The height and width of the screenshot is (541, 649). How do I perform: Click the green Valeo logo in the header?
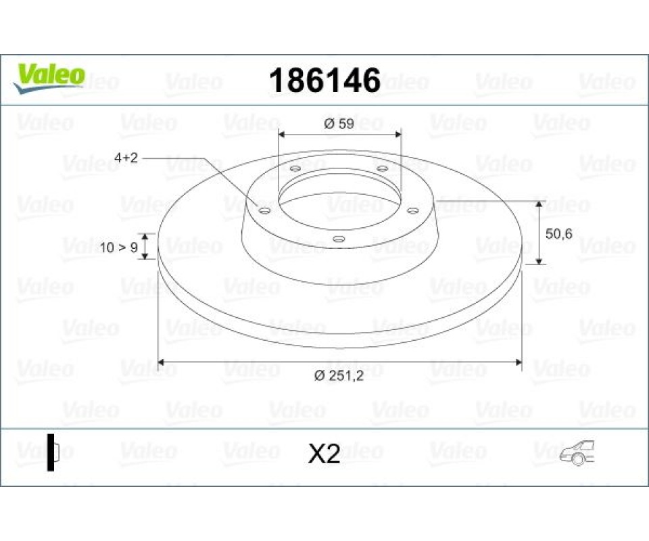click(49, 78)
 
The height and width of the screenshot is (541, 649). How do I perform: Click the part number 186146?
click(325, 80)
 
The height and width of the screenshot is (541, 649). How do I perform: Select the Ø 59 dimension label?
click(339, 123)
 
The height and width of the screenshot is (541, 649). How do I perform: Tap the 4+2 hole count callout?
click(126, 158)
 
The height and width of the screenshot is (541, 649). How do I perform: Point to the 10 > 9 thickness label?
click(119, 247)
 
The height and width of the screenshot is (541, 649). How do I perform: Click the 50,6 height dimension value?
click(559, 234)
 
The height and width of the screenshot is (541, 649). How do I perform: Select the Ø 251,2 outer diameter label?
click(339, 375)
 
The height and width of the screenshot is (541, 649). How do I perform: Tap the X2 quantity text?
click(324, 454)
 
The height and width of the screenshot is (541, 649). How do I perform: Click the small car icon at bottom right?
click(577, 452)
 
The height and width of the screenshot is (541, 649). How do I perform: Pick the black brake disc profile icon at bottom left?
click(53, 452)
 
